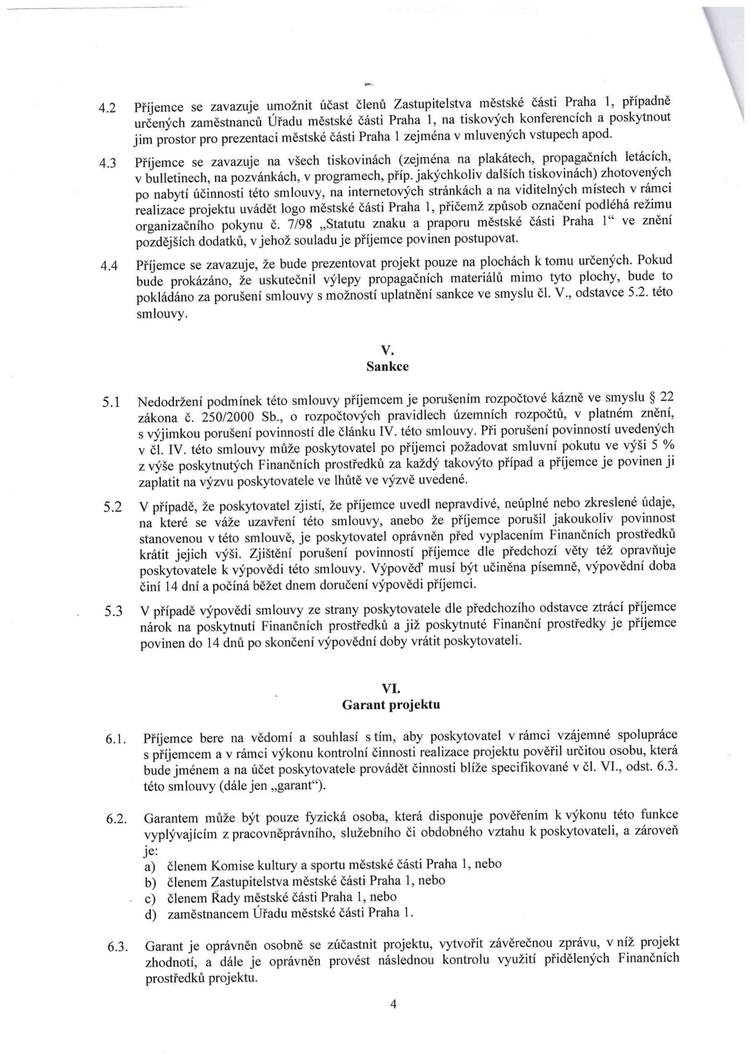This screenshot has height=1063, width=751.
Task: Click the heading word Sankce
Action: [x=387, y=366]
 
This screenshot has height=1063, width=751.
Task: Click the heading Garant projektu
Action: [x=391, y=705]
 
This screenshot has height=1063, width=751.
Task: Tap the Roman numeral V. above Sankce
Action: [x=387, y=350]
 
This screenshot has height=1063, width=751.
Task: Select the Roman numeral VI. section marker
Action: [x=391, y=688]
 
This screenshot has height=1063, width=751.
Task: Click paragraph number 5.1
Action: [x=112, y=402]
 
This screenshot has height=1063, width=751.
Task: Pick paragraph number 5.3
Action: [x=113, y=612]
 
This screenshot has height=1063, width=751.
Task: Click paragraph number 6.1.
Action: [x=116, y=740]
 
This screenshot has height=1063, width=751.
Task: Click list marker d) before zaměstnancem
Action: [x=151, y=915]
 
